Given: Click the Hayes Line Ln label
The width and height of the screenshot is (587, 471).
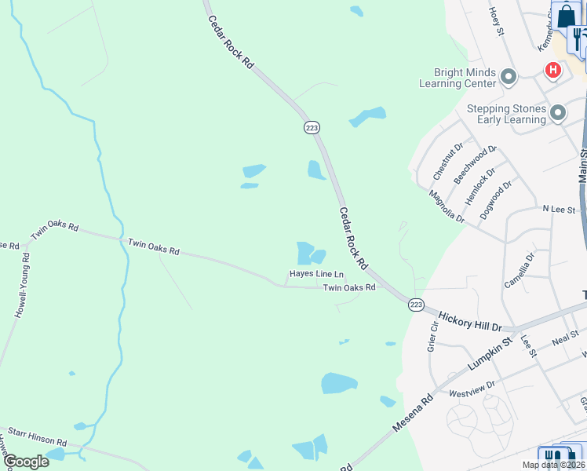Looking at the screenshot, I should (x=316, y=274).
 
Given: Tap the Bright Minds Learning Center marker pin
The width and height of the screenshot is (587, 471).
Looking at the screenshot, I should (x=509, y=77).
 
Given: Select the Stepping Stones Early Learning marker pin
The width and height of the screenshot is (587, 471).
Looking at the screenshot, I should (x=558, y=113).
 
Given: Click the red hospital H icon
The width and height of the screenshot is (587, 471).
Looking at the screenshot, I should (x=553, y=71).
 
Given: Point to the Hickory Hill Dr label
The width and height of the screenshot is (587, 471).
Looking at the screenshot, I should (x=469, y=318).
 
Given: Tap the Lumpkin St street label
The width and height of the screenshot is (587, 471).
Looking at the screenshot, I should (x=489, y=354).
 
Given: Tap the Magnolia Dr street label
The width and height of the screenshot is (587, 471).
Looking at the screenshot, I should (x=447, y=206).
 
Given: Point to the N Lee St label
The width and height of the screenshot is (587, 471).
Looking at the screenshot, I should (x=559, y=210).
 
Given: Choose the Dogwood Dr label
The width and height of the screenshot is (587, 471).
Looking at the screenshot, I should (x=496, y=197).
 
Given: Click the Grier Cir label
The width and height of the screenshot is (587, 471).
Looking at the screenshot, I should (x=432, y=337).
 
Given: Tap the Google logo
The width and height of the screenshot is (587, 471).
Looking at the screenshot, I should (x=26, y=462).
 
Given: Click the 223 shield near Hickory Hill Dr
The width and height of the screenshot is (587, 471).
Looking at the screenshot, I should (x=416, y=305).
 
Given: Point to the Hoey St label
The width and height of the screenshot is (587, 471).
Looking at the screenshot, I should (x=495, y=16).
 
